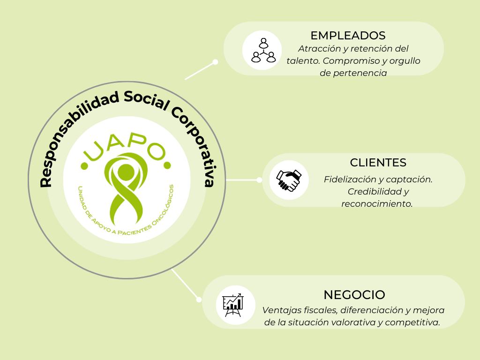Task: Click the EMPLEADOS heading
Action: (348, 35)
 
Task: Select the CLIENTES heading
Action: (378, 163)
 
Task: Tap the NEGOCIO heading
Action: (354, 295)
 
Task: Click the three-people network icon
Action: (262, 50)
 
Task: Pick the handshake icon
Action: (288, 180)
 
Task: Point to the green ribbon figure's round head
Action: (126, 172)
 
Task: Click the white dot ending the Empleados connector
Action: (215, 62)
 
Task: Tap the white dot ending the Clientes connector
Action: (259, 180)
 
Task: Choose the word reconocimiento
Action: (377, 204)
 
